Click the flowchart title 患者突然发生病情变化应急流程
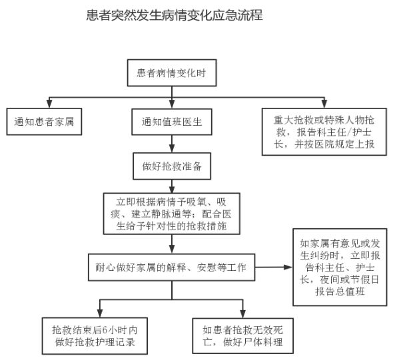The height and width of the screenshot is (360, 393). click(175, 15)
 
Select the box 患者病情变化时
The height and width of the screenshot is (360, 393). click(172, 73)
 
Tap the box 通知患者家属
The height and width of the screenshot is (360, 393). click(44, 122)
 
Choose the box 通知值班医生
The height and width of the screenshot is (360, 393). click(172, 122)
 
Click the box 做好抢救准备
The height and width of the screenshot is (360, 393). click(172, 166)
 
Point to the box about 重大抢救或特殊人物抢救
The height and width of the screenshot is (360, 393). click(324, 132)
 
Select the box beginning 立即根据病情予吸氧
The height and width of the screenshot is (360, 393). click(172, 214)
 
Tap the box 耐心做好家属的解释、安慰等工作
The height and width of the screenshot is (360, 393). click(171, 267)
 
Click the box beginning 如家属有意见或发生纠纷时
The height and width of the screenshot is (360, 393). click(340, 267)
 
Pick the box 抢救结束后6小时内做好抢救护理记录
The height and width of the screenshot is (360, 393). click(95, 336)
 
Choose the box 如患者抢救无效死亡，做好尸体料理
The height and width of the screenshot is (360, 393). click(242, 336)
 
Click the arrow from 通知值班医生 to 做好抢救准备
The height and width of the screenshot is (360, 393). click(172, 144)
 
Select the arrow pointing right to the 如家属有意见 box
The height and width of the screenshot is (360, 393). click(274, 267)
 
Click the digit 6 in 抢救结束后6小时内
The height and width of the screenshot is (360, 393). click(105, 330)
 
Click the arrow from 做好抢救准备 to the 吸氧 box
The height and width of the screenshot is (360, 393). click(172, 186)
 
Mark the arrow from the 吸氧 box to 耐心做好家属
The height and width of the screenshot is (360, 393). click(172, 244)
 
